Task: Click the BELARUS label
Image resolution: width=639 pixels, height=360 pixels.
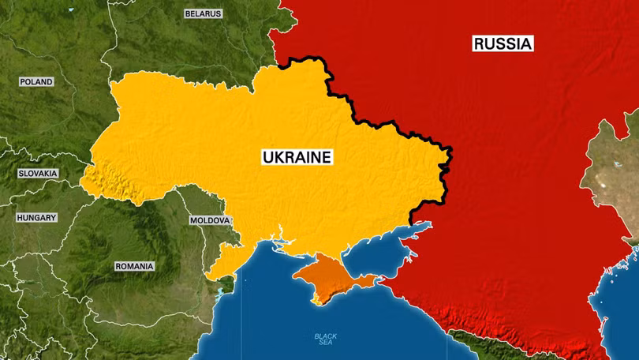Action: tap(203, 13)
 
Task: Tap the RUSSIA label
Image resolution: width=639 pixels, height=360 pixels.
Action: tap(503, 43)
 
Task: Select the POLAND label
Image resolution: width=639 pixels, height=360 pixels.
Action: tap(36, 81)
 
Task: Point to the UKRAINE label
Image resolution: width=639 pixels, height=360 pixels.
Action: tap(297, 157)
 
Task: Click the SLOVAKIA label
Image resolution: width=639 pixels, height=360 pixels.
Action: tap(38, 173)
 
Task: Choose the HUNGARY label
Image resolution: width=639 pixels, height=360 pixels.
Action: tap(37, 217)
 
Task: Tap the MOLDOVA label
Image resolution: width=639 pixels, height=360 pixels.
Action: tap(210, 220)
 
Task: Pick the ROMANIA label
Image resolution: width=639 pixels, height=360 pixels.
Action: tap(134, 266)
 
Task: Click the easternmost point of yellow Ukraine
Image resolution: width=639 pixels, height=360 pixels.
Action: tap(452, 150)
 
